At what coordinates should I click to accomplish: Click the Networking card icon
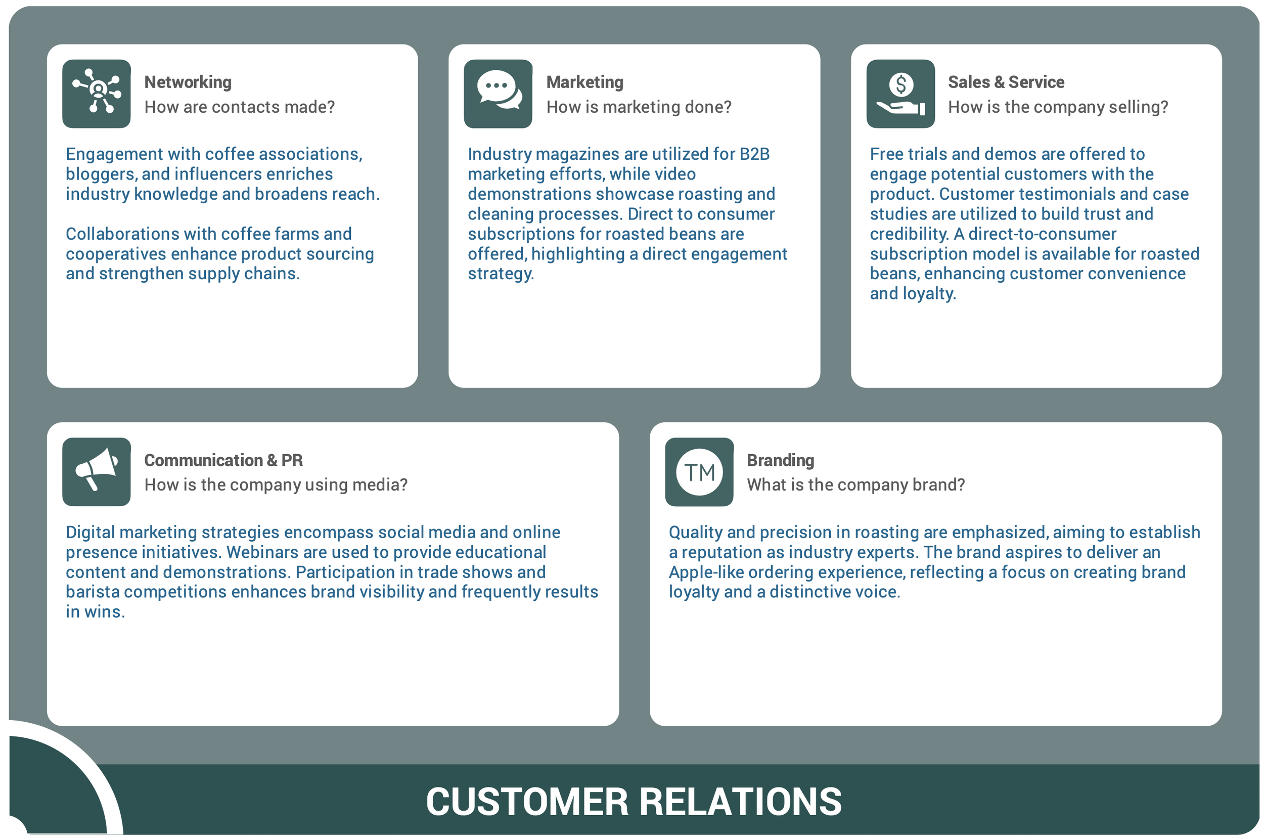click(96, 94)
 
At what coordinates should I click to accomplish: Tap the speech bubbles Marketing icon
click(498, 94)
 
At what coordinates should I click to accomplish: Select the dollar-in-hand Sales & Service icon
click(900, 94)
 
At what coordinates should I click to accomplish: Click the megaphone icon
click(96, 471)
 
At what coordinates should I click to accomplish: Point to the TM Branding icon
click(699, 471)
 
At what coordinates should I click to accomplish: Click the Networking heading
click(188, 82)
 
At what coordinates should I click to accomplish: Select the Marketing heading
click(584, 82)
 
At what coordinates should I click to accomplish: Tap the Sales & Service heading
click(1005, 82)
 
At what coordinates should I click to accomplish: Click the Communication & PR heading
click(223, 460)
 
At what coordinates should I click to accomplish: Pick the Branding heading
click(780, 460)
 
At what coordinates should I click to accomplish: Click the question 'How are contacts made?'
click(239, 107)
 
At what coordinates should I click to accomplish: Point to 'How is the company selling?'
click(1057, 107)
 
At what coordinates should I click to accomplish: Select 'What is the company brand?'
click(855, 484)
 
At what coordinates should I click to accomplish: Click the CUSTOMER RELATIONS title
click(633, 801)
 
